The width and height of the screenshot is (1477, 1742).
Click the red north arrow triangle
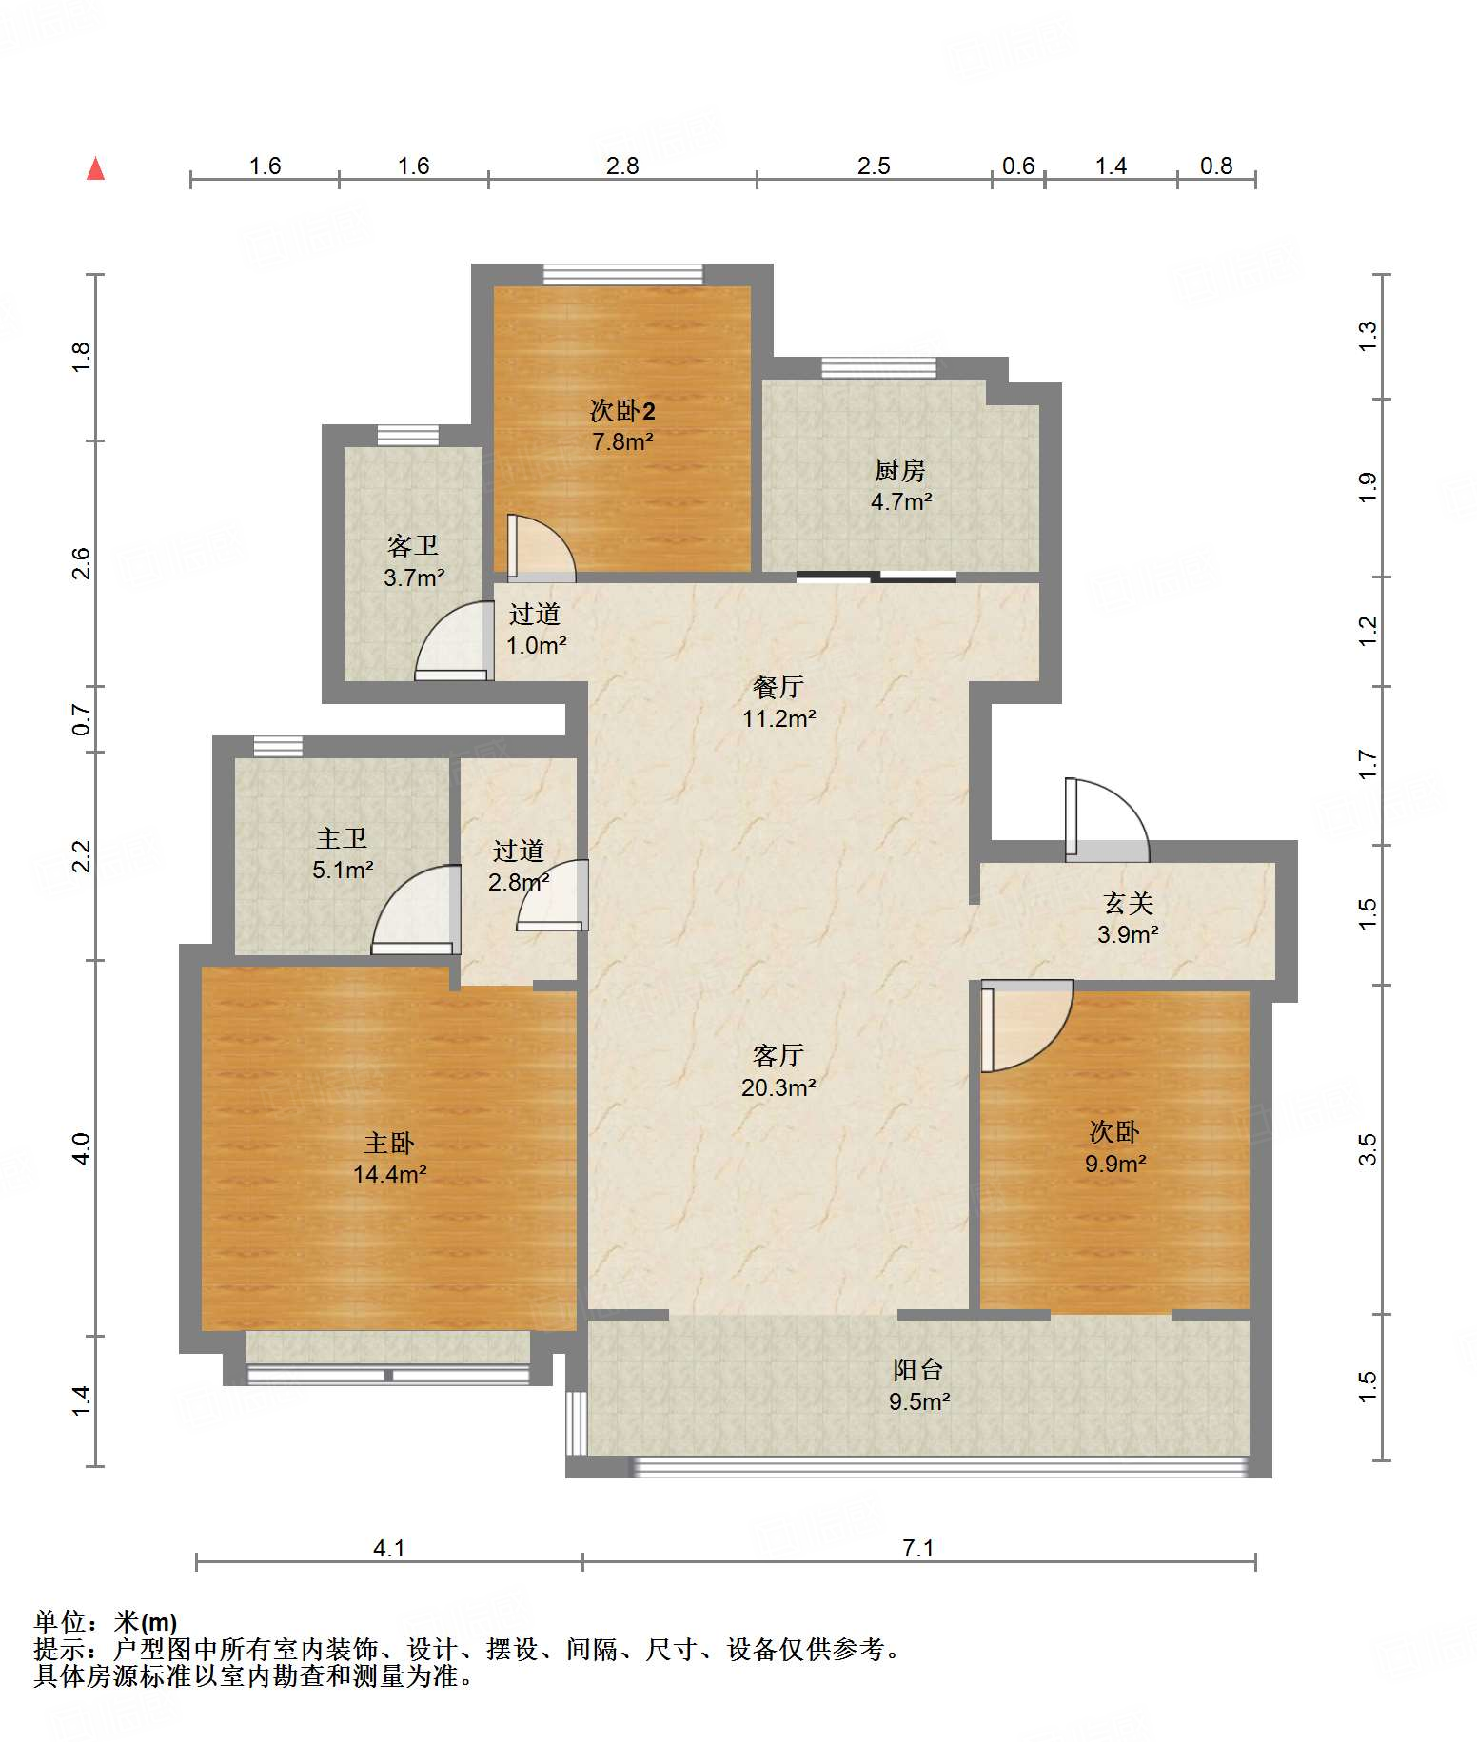[95, 168]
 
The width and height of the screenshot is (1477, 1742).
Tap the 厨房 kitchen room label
[900, 470]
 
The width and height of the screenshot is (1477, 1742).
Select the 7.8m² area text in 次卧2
[622, 441]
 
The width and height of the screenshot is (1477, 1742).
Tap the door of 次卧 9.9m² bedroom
[1027, 1026]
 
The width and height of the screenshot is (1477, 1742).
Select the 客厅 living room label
[778, 1055]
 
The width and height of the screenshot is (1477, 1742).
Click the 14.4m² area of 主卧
[390, 1174]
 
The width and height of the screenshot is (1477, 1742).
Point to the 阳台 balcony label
[918, 1369]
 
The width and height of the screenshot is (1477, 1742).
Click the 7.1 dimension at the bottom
[918, 1548]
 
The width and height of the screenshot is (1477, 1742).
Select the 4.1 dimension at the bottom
[388, 1548]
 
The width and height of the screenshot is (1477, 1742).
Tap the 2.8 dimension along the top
[622, 166]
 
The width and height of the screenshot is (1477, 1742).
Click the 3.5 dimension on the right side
[1368, 1149]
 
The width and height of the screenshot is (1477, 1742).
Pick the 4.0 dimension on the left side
[81, 1148]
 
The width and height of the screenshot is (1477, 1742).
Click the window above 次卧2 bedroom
[622, 274]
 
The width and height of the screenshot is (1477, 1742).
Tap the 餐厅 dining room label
[778, 686]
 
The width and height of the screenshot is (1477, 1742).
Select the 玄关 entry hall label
[1128, 902]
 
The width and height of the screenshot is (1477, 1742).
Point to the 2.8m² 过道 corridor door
[553, 895]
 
